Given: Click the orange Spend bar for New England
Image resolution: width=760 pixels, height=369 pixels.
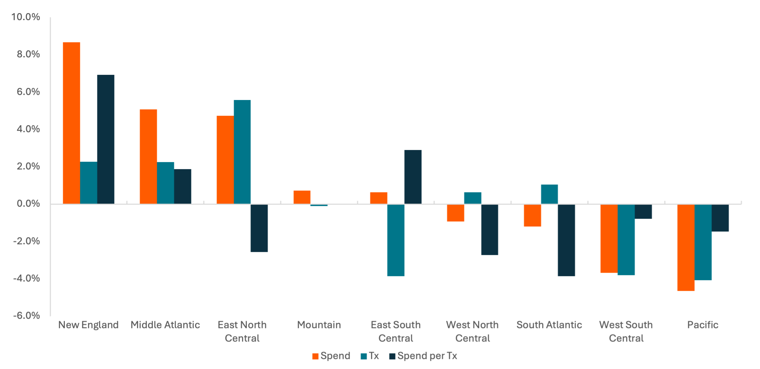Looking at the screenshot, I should pos(72,123).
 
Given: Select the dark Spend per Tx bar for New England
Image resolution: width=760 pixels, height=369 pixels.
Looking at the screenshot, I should pos(106,139).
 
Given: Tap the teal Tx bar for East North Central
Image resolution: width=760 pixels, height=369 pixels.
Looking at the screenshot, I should pos(242,152).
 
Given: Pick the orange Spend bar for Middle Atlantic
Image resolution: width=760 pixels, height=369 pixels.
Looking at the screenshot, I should pos(148,156).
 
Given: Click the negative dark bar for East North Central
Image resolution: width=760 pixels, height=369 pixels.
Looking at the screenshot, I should pos(259,228).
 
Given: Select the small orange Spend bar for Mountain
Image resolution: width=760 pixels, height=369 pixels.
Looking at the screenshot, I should pos(302,197).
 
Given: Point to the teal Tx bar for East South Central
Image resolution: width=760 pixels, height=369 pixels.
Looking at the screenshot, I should pos(396,240).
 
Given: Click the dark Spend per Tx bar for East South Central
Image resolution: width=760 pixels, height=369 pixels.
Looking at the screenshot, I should pos(413,177).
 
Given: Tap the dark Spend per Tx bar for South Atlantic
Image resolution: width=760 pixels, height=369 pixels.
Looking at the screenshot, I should pos(567,240).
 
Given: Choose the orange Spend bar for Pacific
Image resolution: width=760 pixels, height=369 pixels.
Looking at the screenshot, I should pos(686,248).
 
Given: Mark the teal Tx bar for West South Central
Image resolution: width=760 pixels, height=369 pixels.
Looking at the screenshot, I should pos(626,240).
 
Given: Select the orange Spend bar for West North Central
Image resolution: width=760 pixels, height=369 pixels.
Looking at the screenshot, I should pos(456,213).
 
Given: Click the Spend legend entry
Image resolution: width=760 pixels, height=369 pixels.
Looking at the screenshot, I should pos(331,356).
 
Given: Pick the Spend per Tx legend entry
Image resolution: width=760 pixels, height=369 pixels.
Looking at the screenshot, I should pos(424,356).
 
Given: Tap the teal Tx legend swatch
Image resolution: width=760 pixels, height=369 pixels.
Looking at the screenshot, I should pos(364,356).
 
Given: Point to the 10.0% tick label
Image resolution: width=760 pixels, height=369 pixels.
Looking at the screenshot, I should pos(26,17).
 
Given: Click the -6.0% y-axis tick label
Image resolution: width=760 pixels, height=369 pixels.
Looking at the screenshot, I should pos(27,316).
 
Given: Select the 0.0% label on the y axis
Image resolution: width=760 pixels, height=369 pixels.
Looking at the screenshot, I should pos(28,204).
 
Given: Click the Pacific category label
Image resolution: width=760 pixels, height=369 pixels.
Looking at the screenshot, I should pos(703,325).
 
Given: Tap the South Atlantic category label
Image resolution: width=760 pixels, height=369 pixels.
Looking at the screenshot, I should pos(549,325).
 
